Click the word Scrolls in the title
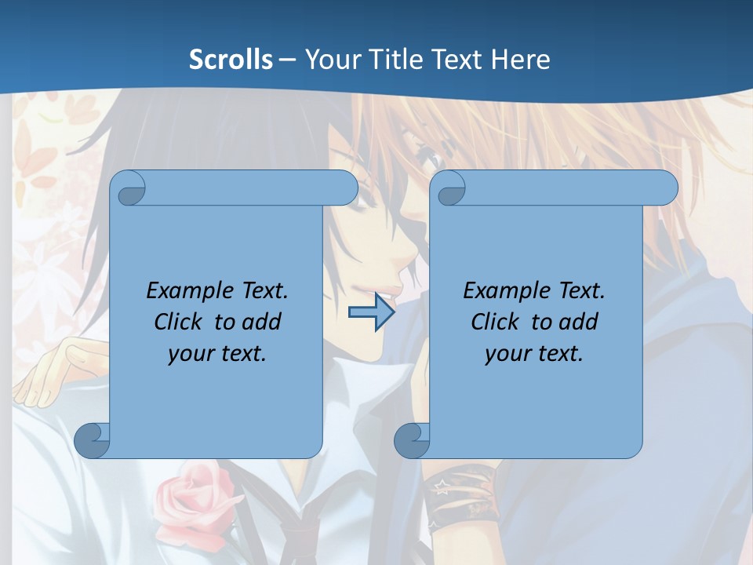point(231,60)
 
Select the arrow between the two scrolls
point(371,312)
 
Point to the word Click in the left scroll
point(181,322)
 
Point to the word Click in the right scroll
point(498,322)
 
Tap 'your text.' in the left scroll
point(217,353)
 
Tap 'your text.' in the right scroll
point(534,353)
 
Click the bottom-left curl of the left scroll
point(93,441)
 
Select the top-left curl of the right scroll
point(449,188)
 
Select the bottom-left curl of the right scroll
point(412,441)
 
